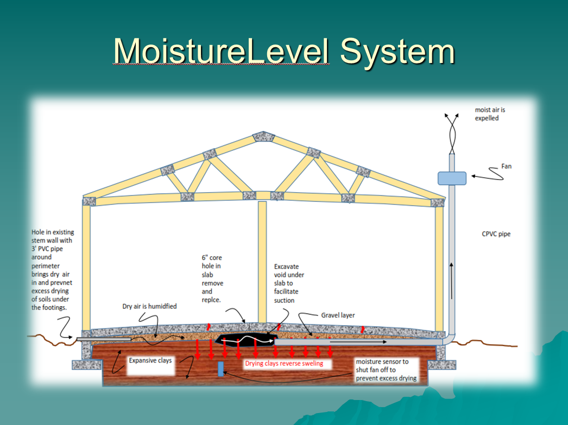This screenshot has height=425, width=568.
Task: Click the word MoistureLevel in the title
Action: (x=221, y=52)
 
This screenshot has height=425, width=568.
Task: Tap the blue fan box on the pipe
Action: (x=452, y=177)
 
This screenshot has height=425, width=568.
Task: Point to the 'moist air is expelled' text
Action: (x=487, y=114)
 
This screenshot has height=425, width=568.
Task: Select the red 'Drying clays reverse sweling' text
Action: (x=283, y=363)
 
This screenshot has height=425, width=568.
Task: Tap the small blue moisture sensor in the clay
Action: (x=220, y=369)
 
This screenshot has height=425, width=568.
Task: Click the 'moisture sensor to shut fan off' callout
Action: (x=386, y=369)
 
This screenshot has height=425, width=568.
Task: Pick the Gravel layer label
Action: (x=338, y=315)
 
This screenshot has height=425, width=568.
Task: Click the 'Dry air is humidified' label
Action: (x=149, y=307)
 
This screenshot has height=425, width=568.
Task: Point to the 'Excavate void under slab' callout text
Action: (x=289, y=283)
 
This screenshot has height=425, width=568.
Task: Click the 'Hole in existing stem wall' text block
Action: (x=52, y=269)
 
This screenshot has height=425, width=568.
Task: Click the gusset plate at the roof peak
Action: (x=262, y=136)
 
